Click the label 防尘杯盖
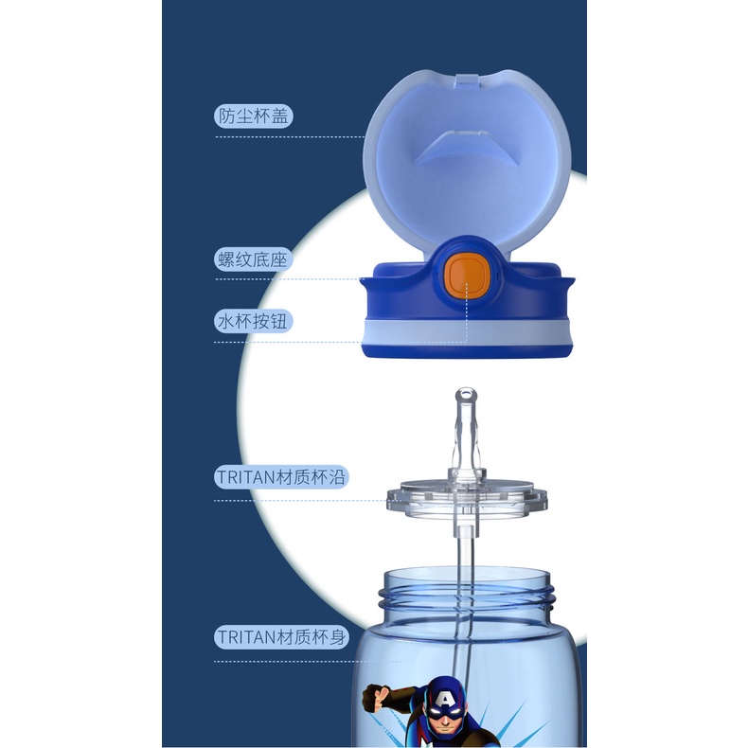(x=253, y=116)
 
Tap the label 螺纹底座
(x=253, y=259)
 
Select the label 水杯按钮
(x=253, y=321)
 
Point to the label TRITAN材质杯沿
(x=281, y=477)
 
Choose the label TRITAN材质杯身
(x=281, y=637)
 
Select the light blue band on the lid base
(x=468, y=330)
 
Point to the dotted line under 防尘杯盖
(x=289, y=137)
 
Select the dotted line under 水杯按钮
(x=289, y=342)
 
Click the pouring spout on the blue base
(x=366, y=281)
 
